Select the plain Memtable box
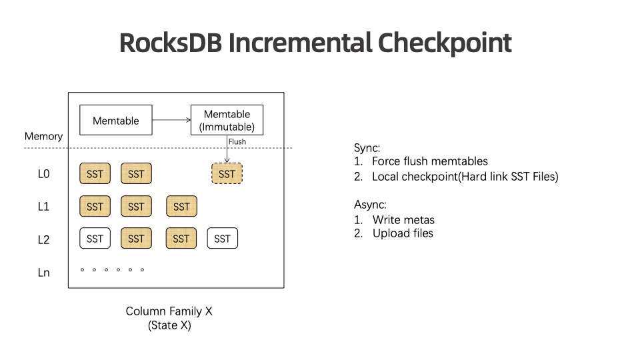116,121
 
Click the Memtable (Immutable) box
227,121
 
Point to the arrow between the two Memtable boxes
171,121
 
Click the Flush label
237,141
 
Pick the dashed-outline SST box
227,174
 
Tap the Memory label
43,136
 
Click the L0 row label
43,174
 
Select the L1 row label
43,207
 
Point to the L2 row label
43,239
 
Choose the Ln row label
43,272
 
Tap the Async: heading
370,205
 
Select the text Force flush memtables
429,161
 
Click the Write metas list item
403,219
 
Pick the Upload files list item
403,233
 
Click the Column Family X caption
169,311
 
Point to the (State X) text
169,325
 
